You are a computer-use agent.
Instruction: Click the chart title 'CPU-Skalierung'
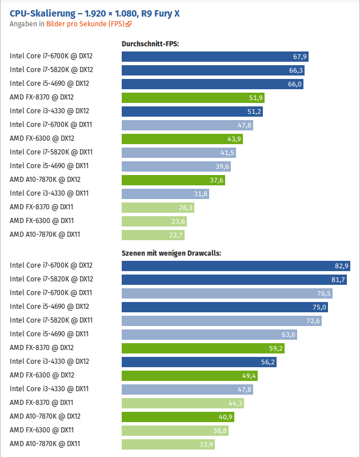[x=42, y=14]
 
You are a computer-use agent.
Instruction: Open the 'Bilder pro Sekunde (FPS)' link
[x=85, y=24]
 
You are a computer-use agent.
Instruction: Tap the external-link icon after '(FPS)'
[x=129, y=24]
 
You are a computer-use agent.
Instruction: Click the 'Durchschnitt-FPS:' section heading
[x=150, y=44]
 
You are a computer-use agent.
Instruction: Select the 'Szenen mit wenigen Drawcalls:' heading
[x=171, y=253]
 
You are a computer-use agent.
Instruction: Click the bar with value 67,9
[x=215, y=57]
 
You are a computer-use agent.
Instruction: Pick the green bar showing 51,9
[x=193, y=98]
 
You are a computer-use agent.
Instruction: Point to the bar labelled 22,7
[x=153, y=235]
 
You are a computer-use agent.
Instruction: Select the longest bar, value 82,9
[x=236, y=266]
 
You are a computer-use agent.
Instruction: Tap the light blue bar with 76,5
[x=227, y=293]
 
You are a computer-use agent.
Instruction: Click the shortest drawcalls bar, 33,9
[x=168, y=444]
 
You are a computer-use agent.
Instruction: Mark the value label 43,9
[x=234, y=139]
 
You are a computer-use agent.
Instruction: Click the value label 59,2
[x=275, y=348]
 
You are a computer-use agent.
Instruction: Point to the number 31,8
[x=201, y=194]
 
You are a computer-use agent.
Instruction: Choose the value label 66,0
[x=294, y=84]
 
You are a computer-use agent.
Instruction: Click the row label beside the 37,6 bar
[x=45, y=180]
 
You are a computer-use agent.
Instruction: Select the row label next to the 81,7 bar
[x=51, y=279]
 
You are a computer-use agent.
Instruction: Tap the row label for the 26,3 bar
[x=41, y=207]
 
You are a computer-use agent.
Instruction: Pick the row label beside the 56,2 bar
[x=49, y=361]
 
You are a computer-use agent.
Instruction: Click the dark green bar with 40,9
[x=178, y=417]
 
